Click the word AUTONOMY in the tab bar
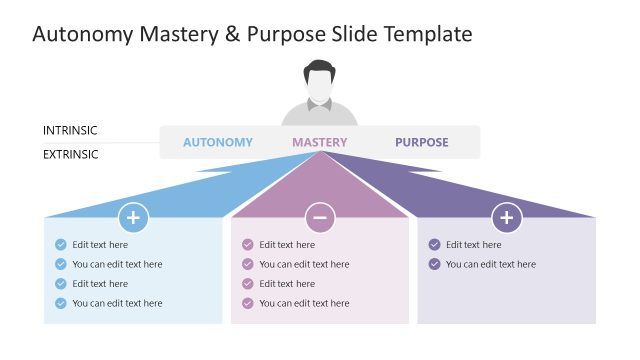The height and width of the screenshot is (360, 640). [x=218, y=142]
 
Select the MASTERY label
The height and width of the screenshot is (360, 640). [x=320, y=142]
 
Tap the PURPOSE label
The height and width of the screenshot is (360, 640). [x=422, y=142]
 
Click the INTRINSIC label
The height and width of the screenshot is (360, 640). [x=70, y=130]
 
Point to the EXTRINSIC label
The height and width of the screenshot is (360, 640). [x=71, y=154]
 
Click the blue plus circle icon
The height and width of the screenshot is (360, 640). [x=134, y=217]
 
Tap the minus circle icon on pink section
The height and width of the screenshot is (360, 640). [x=320, y=217]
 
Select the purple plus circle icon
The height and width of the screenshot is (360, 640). [x=507, y=217]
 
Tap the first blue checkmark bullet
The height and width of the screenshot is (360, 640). [x=61, y=244]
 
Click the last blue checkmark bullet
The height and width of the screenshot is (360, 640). [x=61, y=303]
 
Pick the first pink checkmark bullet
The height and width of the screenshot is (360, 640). [x=248, y=244]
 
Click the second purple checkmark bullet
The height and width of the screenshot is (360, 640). [x=434, y=264]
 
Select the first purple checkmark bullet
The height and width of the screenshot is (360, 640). [x=434, y=244]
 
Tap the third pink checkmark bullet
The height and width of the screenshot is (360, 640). [x=248, y=283]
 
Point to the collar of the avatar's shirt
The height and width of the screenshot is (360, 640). [x=320, y=107]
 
